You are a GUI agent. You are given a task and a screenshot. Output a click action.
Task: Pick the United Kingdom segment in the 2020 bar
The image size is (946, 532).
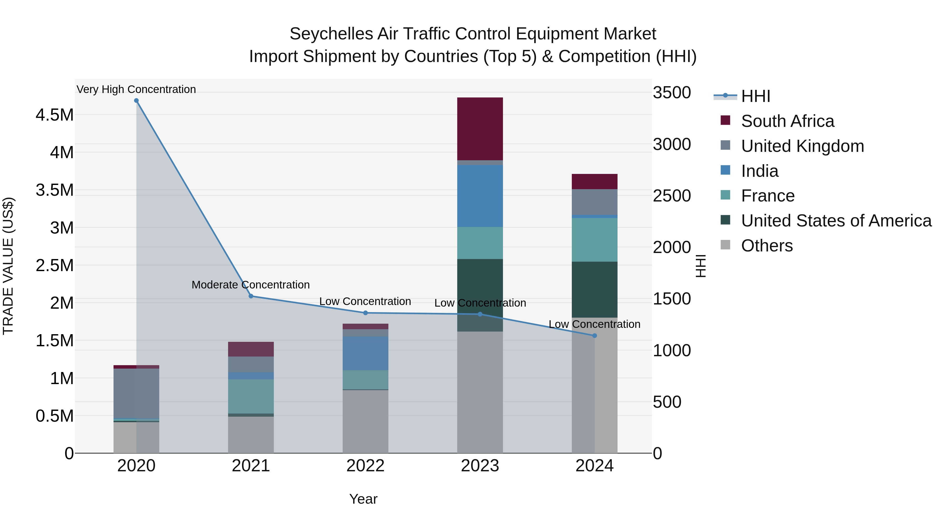136,393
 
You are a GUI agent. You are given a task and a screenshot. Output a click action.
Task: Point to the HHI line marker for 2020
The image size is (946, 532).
136,101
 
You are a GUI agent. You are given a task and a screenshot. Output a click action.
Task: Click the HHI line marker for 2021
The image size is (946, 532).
251,296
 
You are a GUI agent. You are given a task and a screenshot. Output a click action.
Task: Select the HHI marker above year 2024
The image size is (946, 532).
595,335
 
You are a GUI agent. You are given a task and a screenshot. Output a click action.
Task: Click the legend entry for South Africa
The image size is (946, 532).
787,121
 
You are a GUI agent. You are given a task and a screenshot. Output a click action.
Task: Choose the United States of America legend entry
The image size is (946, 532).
836,221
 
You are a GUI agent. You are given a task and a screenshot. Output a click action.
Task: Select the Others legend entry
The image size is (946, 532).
767,246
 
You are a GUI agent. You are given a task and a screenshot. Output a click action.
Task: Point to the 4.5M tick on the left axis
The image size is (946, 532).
54,115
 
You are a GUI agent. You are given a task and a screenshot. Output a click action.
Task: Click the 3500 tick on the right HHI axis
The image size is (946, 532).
672,92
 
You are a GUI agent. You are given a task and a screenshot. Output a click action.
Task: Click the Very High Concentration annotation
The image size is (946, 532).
136,89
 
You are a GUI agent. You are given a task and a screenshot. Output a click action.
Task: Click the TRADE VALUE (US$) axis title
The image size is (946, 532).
8,266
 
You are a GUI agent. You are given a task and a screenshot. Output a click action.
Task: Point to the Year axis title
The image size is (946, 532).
363,499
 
